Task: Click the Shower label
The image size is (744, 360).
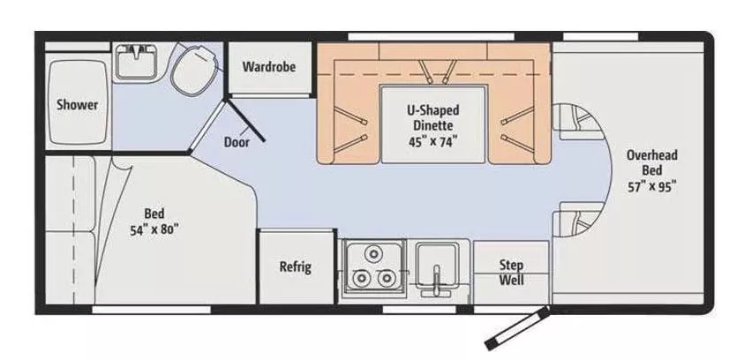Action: coord(77,104)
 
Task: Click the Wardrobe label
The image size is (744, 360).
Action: coord(268,66)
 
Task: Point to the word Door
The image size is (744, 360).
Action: coord(236,141)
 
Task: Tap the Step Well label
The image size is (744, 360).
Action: coord(511,273)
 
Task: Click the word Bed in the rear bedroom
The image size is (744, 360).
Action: coord(155,213)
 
